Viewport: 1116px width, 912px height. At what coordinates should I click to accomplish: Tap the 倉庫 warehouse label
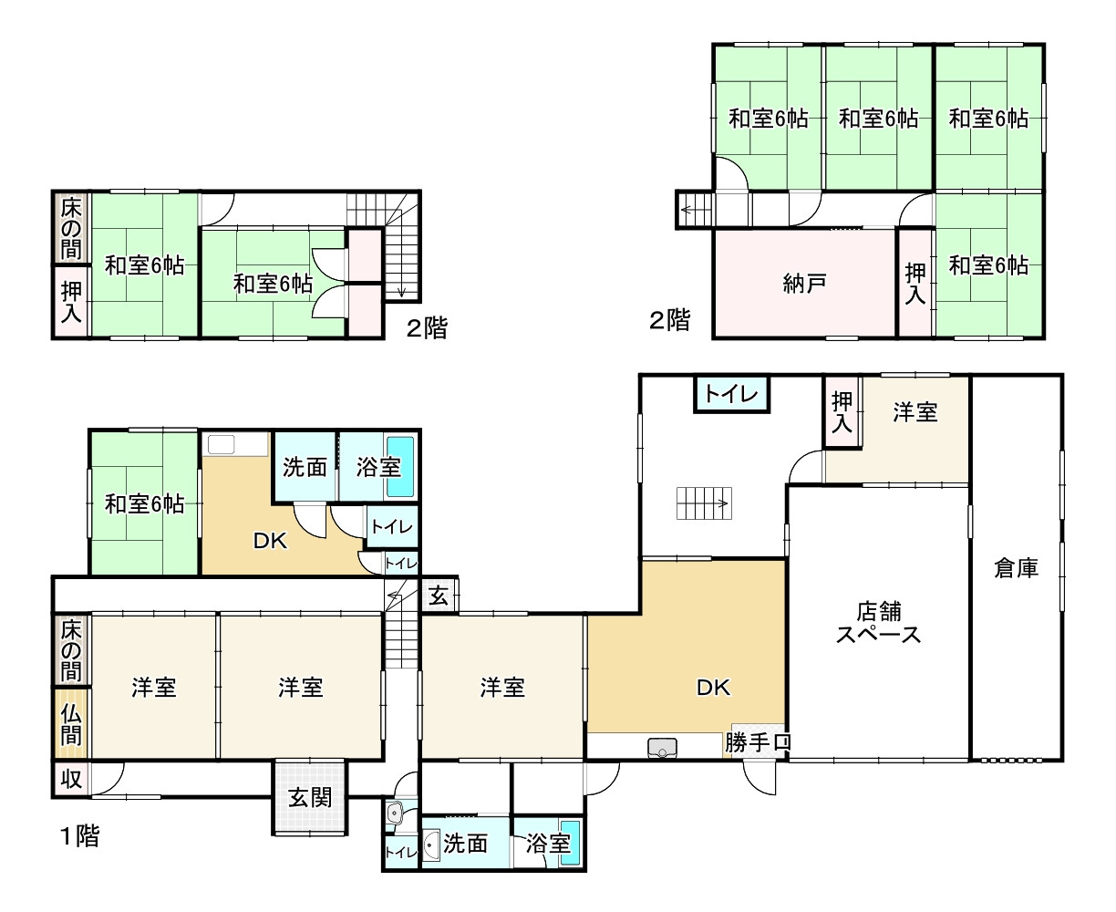point(1016,569)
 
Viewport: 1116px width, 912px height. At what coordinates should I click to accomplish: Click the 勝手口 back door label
point(758,743)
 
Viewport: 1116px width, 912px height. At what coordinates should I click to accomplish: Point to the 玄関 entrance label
point(310,797)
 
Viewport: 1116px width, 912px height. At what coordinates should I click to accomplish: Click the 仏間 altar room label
point(71,723)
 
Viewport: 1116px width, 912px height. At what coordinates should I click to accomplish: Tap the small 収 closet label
point(70,780)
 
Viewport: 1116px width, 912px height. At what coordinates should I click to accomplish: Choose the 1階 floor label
point(79,835)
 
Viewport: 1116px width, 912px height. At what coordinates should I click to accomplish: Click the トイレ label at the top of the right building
point(732,395)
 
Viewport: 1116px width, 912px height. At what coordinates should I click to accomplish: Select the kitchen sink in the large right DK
point(661,748)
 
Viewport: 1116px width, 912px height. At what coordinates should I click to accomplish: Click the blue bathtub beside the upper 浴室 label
point(400,466)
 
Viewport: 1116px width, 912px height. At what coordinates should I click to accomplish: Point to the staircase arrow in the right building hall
point(704,503)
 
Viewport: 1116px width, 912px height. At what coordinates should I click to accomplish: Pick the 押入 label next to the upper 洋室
point(842,412)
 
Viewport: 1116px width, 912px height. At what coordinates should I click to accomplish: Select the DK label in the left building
point(271,541)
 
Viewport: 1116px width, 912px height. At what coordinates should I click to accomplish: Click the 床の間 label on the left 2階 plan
point(70,228)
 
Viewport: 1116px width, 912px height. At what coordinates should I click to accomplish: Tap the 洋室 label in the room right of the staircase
point(502,687)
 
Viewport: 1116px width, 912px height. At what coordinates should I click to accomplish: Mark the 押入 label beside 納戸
point(914,283)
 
